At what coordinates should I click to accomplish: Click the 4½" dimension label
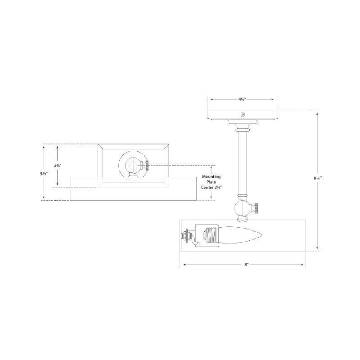point(242,99)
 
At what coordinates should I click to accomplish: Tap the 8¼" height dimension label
point(318,177)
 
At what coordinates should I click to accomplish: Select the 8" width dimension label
point(247,265)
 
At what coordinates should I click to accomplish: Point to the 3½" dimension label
point(44,174)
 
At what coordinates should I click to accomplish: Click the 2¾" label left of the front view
point(58,165)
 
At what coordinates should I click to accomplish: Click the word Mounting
point(211,177)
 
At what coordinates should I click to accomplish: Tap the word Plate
point(211,182)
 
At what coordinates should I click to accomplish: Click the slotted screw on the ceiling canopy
point(243,114)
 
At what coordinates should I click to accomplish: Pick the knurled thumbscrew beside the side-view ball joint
point(256,208)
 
